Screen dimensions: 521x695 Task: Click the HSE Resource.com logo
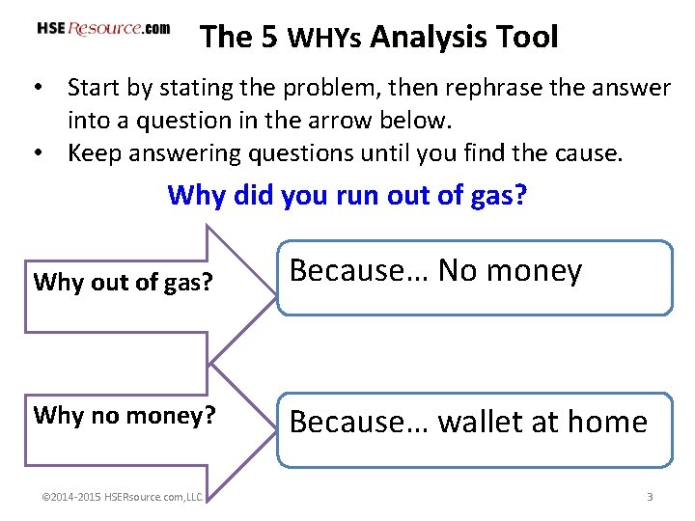coord(103,29)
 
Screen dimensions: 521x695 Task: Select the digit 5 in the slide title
coord(270,37)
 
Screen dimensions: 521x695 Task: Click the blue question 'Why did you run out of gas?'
coord(347,195)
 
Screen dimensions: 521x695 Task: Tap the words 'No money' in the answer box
coord(510,271)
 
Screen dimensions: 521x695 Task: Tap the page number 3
coord(650,497)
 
